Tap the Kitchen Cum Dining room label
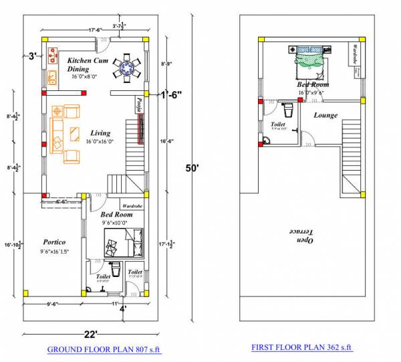(x=88, y=65)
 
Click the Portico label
(x=54, y=242)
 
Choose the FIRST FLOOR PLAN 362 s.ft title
(x=301, y=348)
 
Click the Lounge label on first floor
(x=325, y=115)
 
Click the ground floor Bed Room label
(x=116, y=215)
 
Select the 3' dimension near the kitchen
(x=33, y=56)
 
